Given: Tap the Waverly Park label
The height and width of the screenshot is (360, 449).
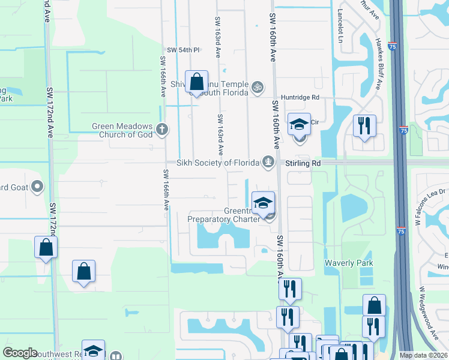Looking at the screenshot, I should [349, 263].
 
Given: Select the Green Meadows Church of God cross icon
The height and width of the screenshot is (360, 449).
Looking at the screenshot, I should [161, 128].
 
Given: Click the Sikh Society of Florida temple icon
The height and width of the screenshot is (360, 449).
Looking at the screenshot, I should [268, 161].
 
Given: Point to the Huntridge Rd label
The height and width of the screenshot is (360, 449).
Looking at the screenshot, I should [298, 97].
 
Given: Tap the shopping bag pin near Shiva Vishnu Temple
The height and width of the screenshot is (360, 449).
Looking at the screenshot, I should [196, 83].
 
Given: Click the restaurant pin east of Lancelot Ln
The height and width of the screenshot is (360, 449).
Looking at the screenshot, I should [364, 126].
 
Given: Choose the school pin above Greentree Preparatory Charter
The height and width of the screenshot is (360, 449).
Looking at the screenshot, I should [262, 203].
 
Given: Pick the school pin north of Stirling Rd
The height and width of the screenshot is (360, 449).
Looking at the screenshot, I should [299, 125].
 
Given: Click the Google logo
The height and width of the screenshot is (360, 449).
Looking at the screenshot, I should [20, 353].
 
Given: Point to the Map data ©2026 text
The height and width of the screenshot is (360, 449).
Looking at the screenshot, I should [423, 355].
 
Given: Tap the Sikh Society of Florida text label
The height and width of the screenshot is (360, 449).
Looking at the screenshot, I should [217, 163].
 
